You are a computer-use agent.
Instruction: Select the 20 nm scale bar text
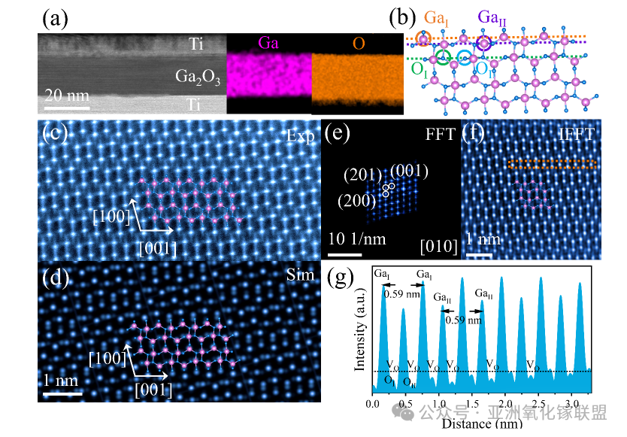click(65, 96)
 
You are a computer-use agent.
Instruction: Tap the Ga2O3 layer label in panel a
click(197, 76)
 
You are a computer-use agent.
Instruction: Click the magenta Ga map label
click(268, 44)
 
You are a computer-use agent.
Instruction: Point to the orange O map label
click(359, 44)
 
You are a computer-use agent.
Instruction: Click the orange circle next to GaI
click(423, 38)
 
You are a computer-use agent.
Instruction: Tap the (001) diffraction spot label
click(410, 172)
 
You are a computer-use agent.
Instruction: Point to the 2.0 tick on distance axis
click(503, 403)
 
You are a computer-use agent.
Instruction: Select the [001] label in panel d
click(154, 390)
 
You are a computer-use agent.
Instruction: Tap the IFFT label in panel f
click(576, 136)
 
